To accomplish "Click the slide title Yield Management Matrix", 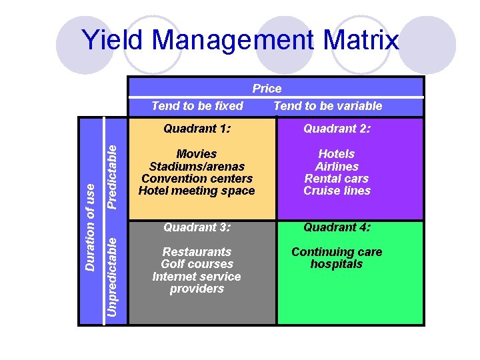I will pyautogui.click(x=240, y=41).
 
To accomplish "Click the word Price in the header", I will pyautogui.click(x=267, y=89).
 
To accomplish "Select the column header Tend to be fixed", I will pyautogui.click(x=197, y=106).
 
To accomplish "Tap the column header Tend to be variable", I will pyautogui.click(x=328, y=106).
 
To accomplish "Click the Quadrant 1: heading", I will pyautogui.click(x=197, y=129).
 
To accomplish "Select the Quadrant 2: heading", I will pyautogui.click(x=337, y=129).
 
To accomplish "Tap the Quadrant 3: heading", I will pyautogui.click(x=197, y=227).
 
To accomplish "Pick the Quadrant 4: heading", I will pyautogui.click(x=337, y=227).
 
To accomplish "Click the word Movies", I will pyautogui.click(x=197, y=154).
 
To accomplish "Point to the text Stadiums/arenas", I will pyautogui.click(x=197, y=167).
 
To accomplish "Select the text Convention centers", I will pyautogui.click(x=197, y=179).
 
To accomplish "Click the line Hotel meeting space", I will pyautogui.click(x=197, y=191).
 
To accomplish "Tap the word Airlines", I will pyautogui.click(x=337, y=167).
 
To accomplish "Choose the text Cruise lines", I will pyautogui.click(x=337, y=191).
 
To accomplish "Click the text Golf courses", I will pyautogui.click(x=197, y=264).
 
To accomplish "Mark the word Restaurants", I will pyautogui.click(x=197, y=252).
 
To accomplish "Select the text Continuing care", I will pyautogui.click(x=337, y=252).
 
